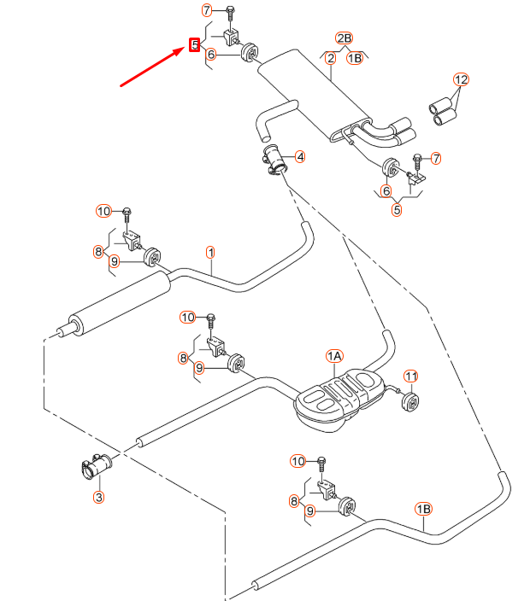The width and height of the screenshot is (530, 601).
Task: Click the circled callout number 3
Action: point(98,497)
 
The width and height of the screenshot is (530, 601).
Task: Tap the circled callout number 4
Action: point(300,156)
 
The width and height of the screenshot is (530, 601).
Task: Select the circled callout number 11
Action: point(410,376)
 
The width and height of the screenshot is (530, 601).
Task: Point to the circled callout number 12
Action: point(462,80)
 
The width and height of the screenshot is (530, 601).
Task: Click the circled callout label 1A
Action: point(333,355)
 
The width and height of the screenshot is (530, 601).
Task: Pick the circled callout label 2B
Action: point(344,38)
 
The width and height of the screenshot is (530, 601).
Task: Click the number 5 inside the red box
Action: point(195,44)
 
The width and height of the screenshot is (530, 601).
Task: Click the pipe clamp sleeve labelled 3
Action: point(93,467)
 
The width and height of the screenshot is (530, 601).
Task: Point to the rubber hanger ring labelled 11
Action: point(411,400)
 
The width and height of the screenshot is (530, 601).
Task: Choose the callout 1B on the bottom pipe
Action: point(424,509)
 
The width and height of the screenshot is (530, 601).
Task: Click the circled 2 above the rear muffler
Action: point(330,58)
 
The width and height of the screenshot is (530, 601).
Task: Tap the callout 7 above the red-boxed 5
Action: point(207,10)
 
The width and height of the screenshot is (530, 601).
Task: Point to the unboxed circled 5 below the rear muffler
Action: point(397,210)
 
